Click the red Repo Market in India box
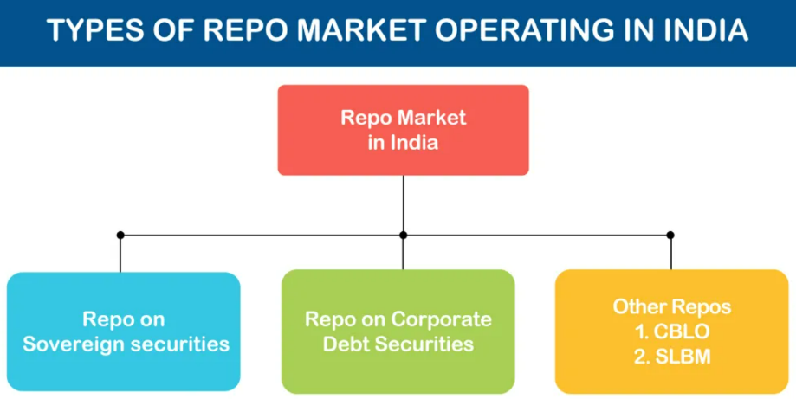coord(403,130)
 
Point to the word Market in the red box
coord(427,118)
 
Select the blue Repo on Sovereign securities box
coord(123,331)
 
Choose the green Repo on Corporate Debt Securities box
coord(398,331)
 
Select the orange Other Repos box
coord(671,331)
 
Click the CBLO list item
coord(672,331)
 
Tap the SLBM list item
coord(672,356)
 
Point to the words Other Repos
coord(672,306)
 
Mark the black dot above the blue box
coord(120,235)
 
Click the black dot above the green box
coord(403,235)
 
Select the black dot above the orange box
coord(670,235)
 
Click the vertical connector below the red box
coord(403,204)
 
